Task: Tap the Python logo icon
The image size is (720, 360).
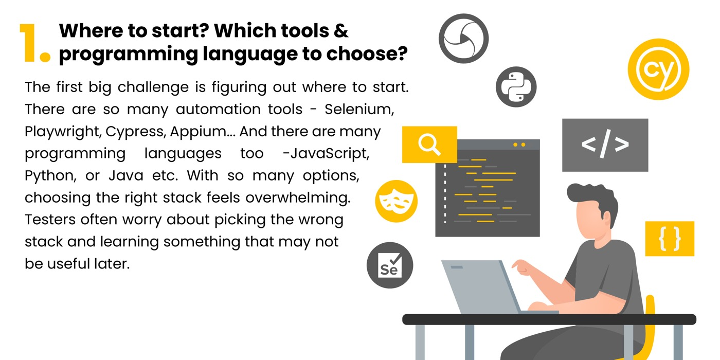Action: point(516,87)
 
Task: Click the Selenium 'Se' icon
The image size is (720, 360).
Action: point(389,265)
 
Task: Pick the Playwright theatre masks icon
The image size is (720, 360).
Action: point(396,201)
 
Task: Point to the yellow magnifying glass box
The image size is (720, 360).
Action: point(429,145)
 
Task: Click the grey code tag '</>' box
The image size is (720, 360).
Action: point(605,145)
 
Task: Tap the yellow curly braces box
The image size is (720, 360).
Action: point(669,239)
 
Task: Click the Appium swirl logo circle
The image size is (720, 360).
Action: point(463,39)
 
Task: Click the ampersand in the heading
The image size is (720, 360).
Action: point(339,31)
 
